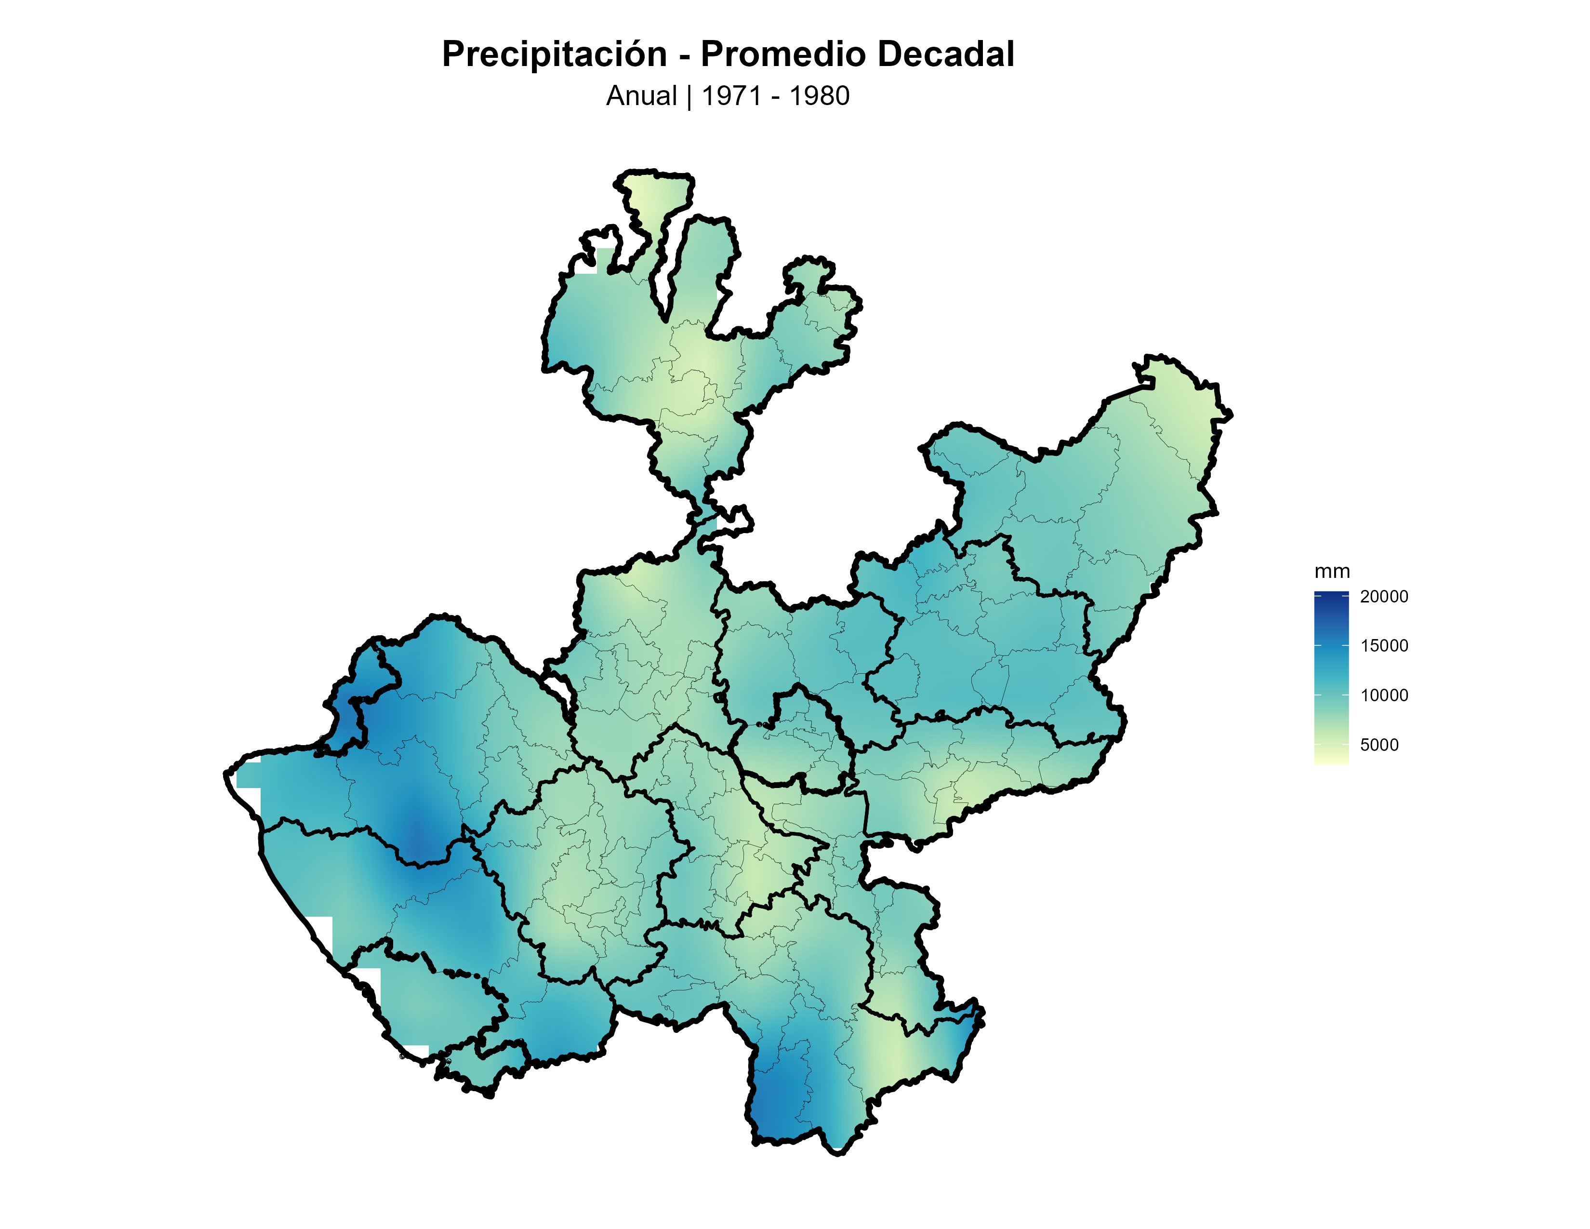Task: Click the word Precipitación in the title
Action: [x=554, y=54]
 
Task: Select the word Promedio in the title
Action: [x=782, y=54]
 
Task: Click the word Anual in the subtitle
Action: [x=641, y=96]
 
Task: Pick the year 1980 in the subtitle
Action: [x=819, y=96]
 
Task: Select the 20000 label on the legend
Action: [x=1383, y=596]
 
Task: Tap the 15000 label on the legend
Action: [x=1383, y=646]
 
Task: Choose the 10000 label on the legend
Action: [x=1383, y=695]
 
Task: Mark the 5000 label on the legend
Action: [x=1379, y=745]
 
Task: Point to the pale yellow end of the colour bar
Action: [x=1331, y=760]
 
